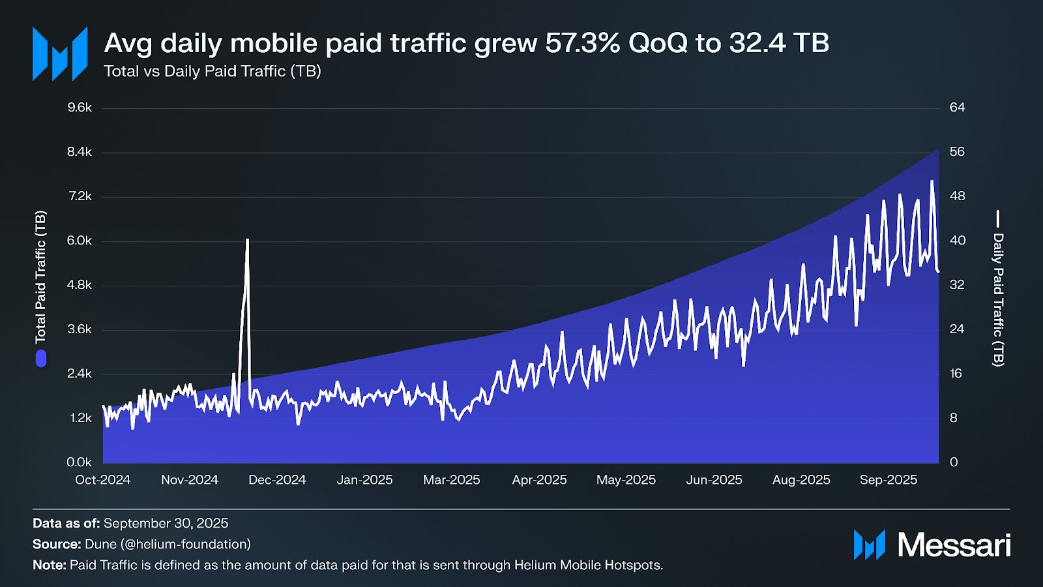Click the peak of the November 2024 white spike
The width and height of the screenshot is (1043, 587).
coord(248,240)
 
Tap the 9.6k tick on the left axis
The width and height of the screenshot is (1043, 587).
coord(80,108)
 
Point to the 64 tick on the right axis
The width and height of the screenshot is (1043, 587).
coord(957,108)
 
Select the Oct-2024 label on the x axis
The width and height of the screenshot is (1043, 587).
coord(102,480)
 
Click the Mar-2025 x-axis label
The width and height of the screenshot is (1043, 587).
coord(451,480)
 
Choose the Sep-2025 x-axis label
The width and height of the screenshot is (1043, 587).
coord(888,480)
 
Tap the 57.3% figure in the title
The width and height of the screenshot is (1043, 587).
coord(582,44)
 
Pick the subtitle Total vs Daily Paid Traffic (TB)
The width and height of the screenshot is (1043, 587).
coord(213,71)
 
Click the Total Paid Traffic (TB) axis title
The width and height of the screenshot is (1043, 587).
coord(40,277)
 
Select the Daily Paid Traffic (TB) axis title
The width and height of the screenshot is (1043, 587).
coord(998,299)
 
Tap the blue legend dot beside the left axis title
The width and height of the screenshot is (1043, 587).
coord(41,359)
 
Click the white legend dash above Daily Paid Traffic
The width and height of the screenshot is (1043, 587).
coord(998,218)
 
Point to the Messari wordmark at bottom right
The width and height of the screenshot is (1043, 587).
coord(954,545)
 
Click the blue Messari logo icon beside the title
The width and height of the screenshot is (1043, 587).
coord(60,54)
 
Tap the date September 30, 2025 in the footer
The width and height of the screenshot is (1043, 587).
coord(166,523)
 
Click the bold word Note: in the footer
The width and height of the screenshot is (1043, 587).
coord(50,565)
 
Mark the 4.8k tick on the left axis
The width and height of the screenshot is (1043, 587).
coord(80,285)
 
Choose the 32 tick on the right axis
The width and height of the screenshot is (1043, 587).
coord(957,285)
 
